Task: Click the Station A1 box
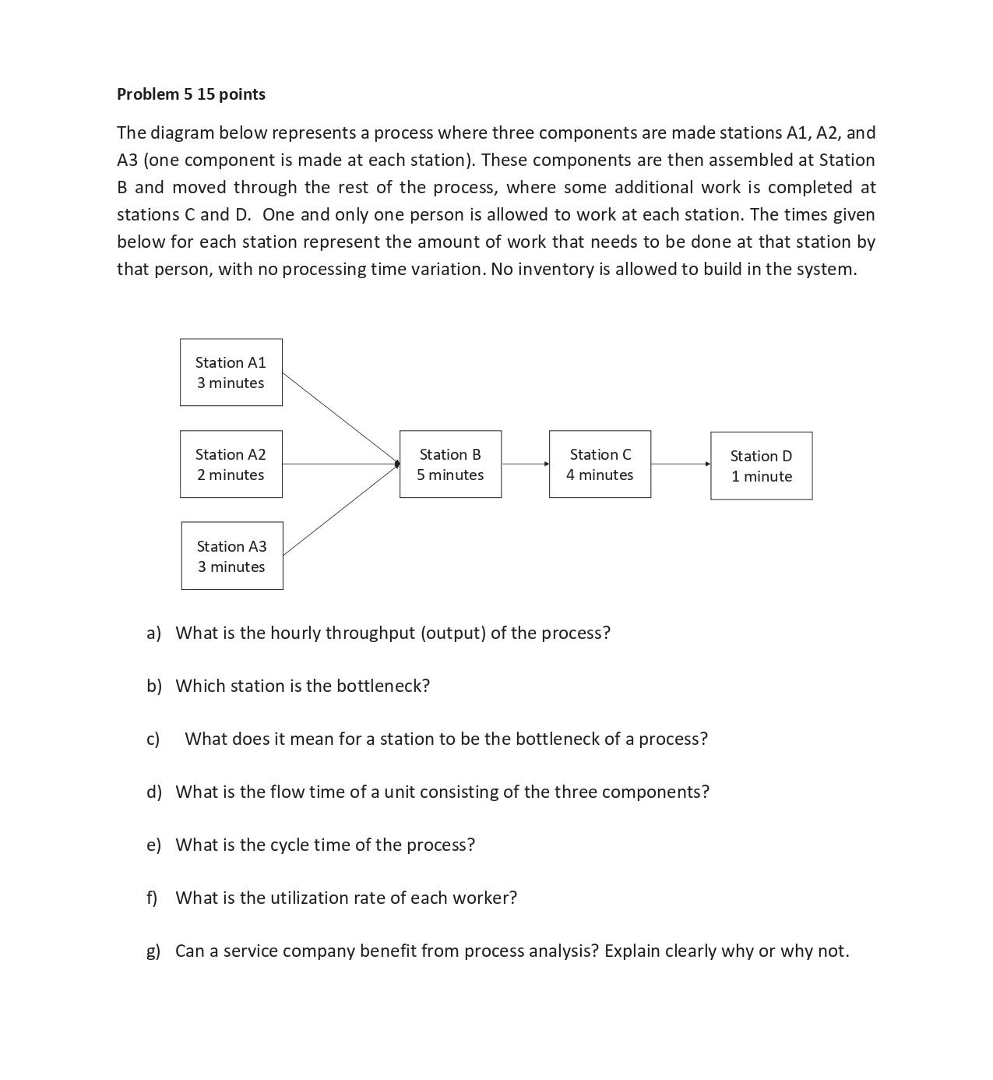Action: click(231, 372)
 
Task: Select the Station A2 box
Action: click(231, 464)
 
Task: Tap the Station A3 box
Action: click(231, 556)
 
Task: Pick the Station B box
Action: click(450, 464)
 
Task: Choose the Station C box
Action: click(600, 464)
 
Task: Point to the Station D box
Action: click(761, 466)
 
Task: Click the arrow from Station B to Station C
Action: click(526, 464)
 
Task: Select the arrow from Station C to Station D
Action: click(680, 464)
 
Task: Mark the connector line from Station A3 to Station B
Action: click(340, 510)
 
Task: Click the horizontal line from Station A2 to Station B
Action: click(340, 464)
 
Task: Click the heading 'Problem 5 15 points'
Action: click(191, 94)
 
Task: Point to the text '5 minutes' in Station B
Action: click(450, 475)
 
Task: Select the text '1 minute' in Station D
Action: click(761, 477)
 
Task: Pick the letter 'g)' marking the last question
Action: click(153, 951)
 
